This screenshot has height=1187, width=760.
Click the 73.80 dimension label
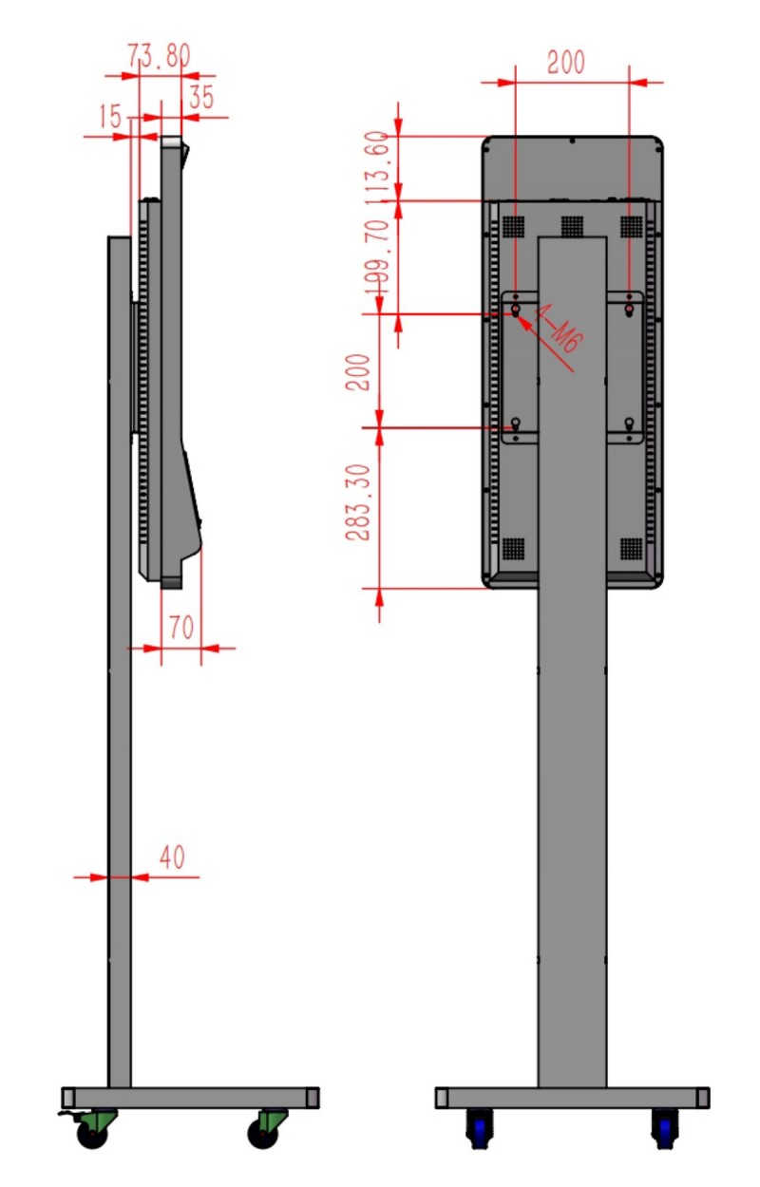click(159, 56)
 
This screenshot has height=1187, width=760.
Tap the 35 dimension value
click(201, 97)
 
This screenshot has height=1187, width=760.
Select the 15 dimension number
click(110, 116)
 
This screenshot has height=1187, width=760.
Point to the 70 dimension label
click(181, 628)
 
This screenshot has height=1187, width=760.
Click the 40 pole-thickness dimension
click(172, 857)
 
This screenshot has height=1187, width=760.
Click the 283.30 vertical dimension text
click(358, 501)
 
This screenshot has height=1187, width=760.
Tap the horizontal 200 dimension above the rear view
click(566, 63)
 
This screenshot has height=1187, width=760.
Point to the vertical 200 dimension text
click(358, 372)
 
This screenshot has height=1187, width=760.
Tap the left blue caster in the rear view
click(479, 1128)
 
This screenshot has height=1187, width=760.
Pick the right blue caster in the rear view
click(665, 1128)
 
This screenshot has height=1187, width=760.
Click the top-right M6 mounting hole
click(629, 309)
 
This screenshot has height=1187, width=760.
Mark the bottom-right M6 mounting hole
click(629, 423)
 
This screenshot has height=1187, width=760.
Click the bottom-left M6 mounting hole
click(515, 423)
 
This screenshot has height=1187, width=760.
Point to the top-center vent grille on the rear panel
click(572, 226)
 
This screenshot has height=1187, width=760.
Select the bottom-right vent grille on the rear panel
click(631, 549)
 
